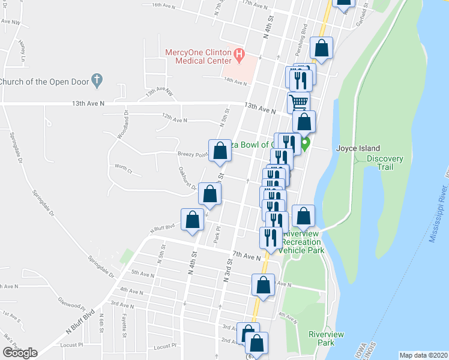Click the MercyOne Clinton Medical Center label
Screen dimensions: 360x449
[198, 56]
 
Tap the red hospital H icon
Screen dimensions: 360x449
[240, 56]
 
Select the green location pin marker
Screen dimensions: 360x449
[305, 144]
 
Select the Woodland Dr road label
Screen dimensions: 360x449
[122, 125]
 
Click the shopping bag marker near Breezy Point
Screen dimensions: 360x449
[220, 151]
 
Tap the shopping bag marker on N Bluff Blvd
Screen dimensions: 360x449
[193, 220]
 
